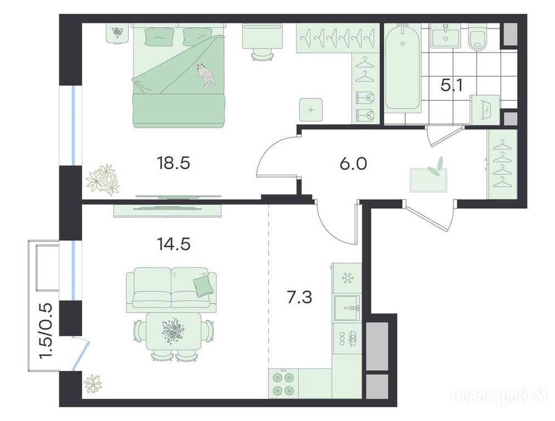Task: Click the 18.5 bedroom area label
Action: (173, 163)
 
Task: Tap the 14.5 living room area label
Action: (173, 244)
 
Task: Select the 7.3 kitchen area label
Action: (299, 297)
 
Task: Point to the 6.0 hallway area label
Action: (354, 164)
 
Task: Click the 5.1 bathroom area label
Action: (452, 86)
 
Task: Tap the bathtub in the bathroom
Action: (403, 69)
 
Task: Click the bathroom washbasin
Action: (445, 36)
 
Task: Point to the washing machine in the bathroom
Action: (485, 110)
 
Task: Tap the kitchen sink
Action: (347, 308)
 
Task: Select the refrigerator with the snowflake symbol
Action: (347, 278)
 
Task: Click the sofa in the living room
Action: (172, 290)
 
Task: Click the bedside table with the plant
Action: (116, 32)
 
